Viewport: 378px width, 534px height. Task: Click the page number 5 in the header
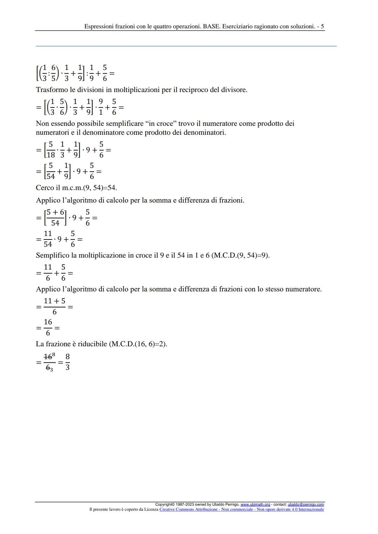(x=322, y=26)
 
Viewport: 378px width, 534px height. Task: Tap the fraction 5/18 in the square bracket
(x=51, y=150)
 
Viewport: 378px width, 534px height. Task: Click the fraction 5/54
(x=51, y=171)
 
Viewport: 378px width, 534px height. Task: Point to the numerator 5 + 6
(x=55, y=212)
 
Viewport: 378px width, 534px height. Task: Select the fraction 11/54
(x=48, y=239)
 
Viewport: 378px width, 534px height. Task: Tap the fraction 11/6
(x=48, y=272)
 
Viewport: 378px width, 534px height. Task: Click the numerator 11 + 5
(x=54, y=301)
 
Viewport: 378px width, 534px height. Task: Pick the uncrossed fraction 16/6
(x=48, y=327)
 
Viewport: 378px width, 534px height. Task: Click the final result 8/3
(x=68, y=362)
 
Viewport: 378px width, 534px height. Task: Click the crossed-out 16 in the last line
(x=48, y=357)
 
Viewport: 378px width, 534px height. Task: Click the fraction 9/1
(x=101, y=107)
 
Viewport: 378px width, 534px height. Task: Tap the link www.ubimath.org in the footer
(x=255, y=504)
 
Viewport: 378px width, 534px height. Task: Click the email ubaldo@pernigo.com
(x=306, y=504)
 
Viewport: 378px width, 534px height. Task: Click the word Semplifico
(x=52, y=255)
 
